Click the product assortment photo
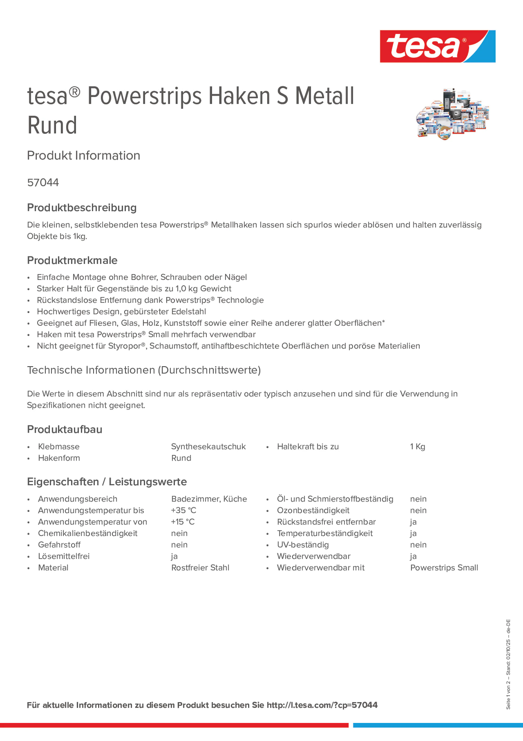(453, 114)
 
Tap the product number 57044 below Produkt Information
(43, 183)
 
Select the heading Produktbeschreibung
(82, 208)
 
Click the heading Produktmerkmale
(72, 261)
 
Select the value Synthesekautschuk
(208, 447)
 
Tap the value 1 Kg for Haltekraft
(418, 447)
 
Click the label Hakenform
(59, 458)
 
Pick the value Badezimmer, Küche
(209, 499)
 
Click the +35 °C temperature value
(183, 510)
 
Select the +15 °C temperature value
(183, 522)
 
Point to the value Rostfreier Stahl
(200, 568)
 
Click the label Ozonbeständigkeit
(313, 510)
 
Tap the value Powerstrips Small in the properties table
(444, 568)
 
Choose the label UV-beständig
(303, 545)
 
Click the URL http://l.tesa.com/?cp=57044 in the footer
(322, 705)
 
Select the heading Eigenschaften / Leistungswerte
(107, 482)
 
